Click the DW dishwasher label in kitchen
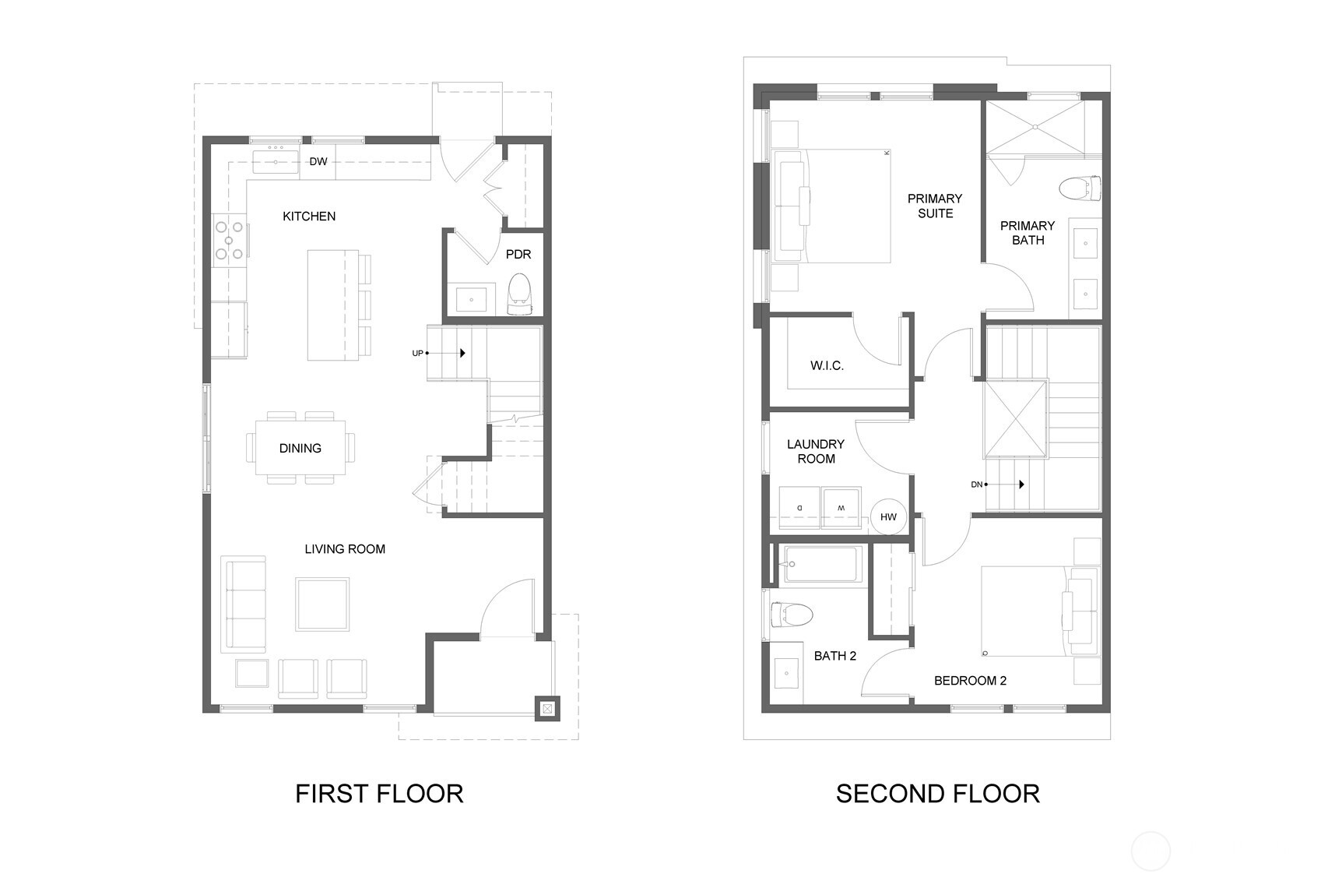click(x=318, y=162)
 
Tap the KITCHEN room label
click(x=309, y=217)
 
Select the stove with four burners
click(x=230, y=241)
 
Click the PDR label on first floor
click(x=518, y=255)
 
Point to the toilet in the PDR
click(x=519, y=291)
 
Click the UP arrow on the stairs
click(x=462, y=353)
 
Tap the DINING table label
click(x=300, y=449)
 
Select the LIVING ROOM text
click(x=345, y=549)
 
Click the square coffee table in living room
click(x=322, y=604)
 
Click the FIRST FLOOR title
click(x=379, y=794)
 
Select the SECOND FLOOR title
click(x=937, y=794)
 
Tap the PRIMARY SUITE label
click(x=935, y=206)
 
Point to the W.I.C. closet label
click(x=827, y=365)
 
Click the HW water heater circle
click(x=888, y=517)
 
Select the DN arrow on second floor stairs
click(x=1021, y=485)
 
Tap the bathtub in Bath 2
click(x=822, y=564)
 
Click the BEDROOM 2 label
click(x=970, y=681)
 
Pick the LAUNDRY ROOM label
click(x=816, y=452)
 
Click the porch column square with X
click(x=548, y=708)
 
